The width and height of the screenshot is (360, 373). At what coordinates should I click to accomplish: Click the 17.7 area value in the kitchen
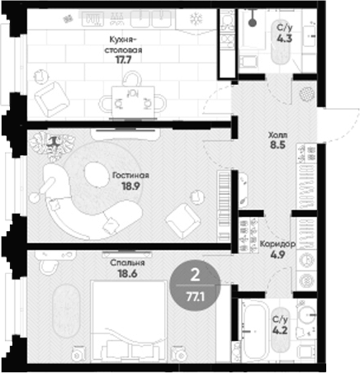123,59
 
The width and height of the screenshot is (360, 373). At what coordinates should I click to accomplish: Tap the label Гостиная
130,175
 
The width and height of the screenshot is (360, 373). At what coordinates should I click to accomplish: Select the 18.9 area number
130,186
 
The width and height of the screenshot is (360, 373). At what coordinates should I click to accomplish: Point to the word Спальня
127,263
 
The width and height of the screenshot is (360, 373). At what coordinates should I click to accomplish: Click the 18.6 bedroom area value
127,274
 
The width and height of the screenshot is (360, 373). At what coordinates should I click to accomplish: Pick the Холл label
277,135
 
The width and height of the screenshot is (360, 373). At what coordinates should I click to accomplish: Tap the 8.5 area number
277,144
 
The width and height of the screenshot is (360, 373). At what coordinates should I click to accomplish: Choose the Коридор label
277,243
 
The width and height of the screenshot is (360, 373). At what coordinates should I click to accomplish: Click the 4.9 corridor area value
277,255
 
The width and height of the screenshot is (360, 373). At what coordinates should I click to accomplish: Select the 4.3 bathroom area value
284,38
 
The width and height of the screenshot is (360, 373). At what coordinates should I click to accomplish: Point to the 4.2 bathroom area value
280,330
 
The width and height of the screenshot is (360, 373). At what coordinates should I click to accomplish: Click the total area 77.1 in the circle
195,297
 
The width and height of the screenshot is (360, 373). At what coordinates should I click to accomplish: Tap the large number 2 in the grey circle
195,275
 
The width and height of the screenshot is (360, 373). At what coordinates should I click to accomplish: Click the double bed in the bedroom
130,321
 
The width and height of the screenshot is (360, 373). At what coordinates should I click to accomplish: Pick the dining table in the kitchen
133,102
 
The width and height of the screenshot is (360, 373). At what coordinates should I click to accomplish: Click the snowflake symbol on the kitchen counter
197,19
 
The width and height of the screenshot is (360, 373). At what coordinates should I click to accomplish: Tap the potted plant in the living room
52,145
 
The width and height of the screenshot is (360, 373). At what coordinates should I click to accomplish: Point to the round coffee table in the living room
97,174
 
